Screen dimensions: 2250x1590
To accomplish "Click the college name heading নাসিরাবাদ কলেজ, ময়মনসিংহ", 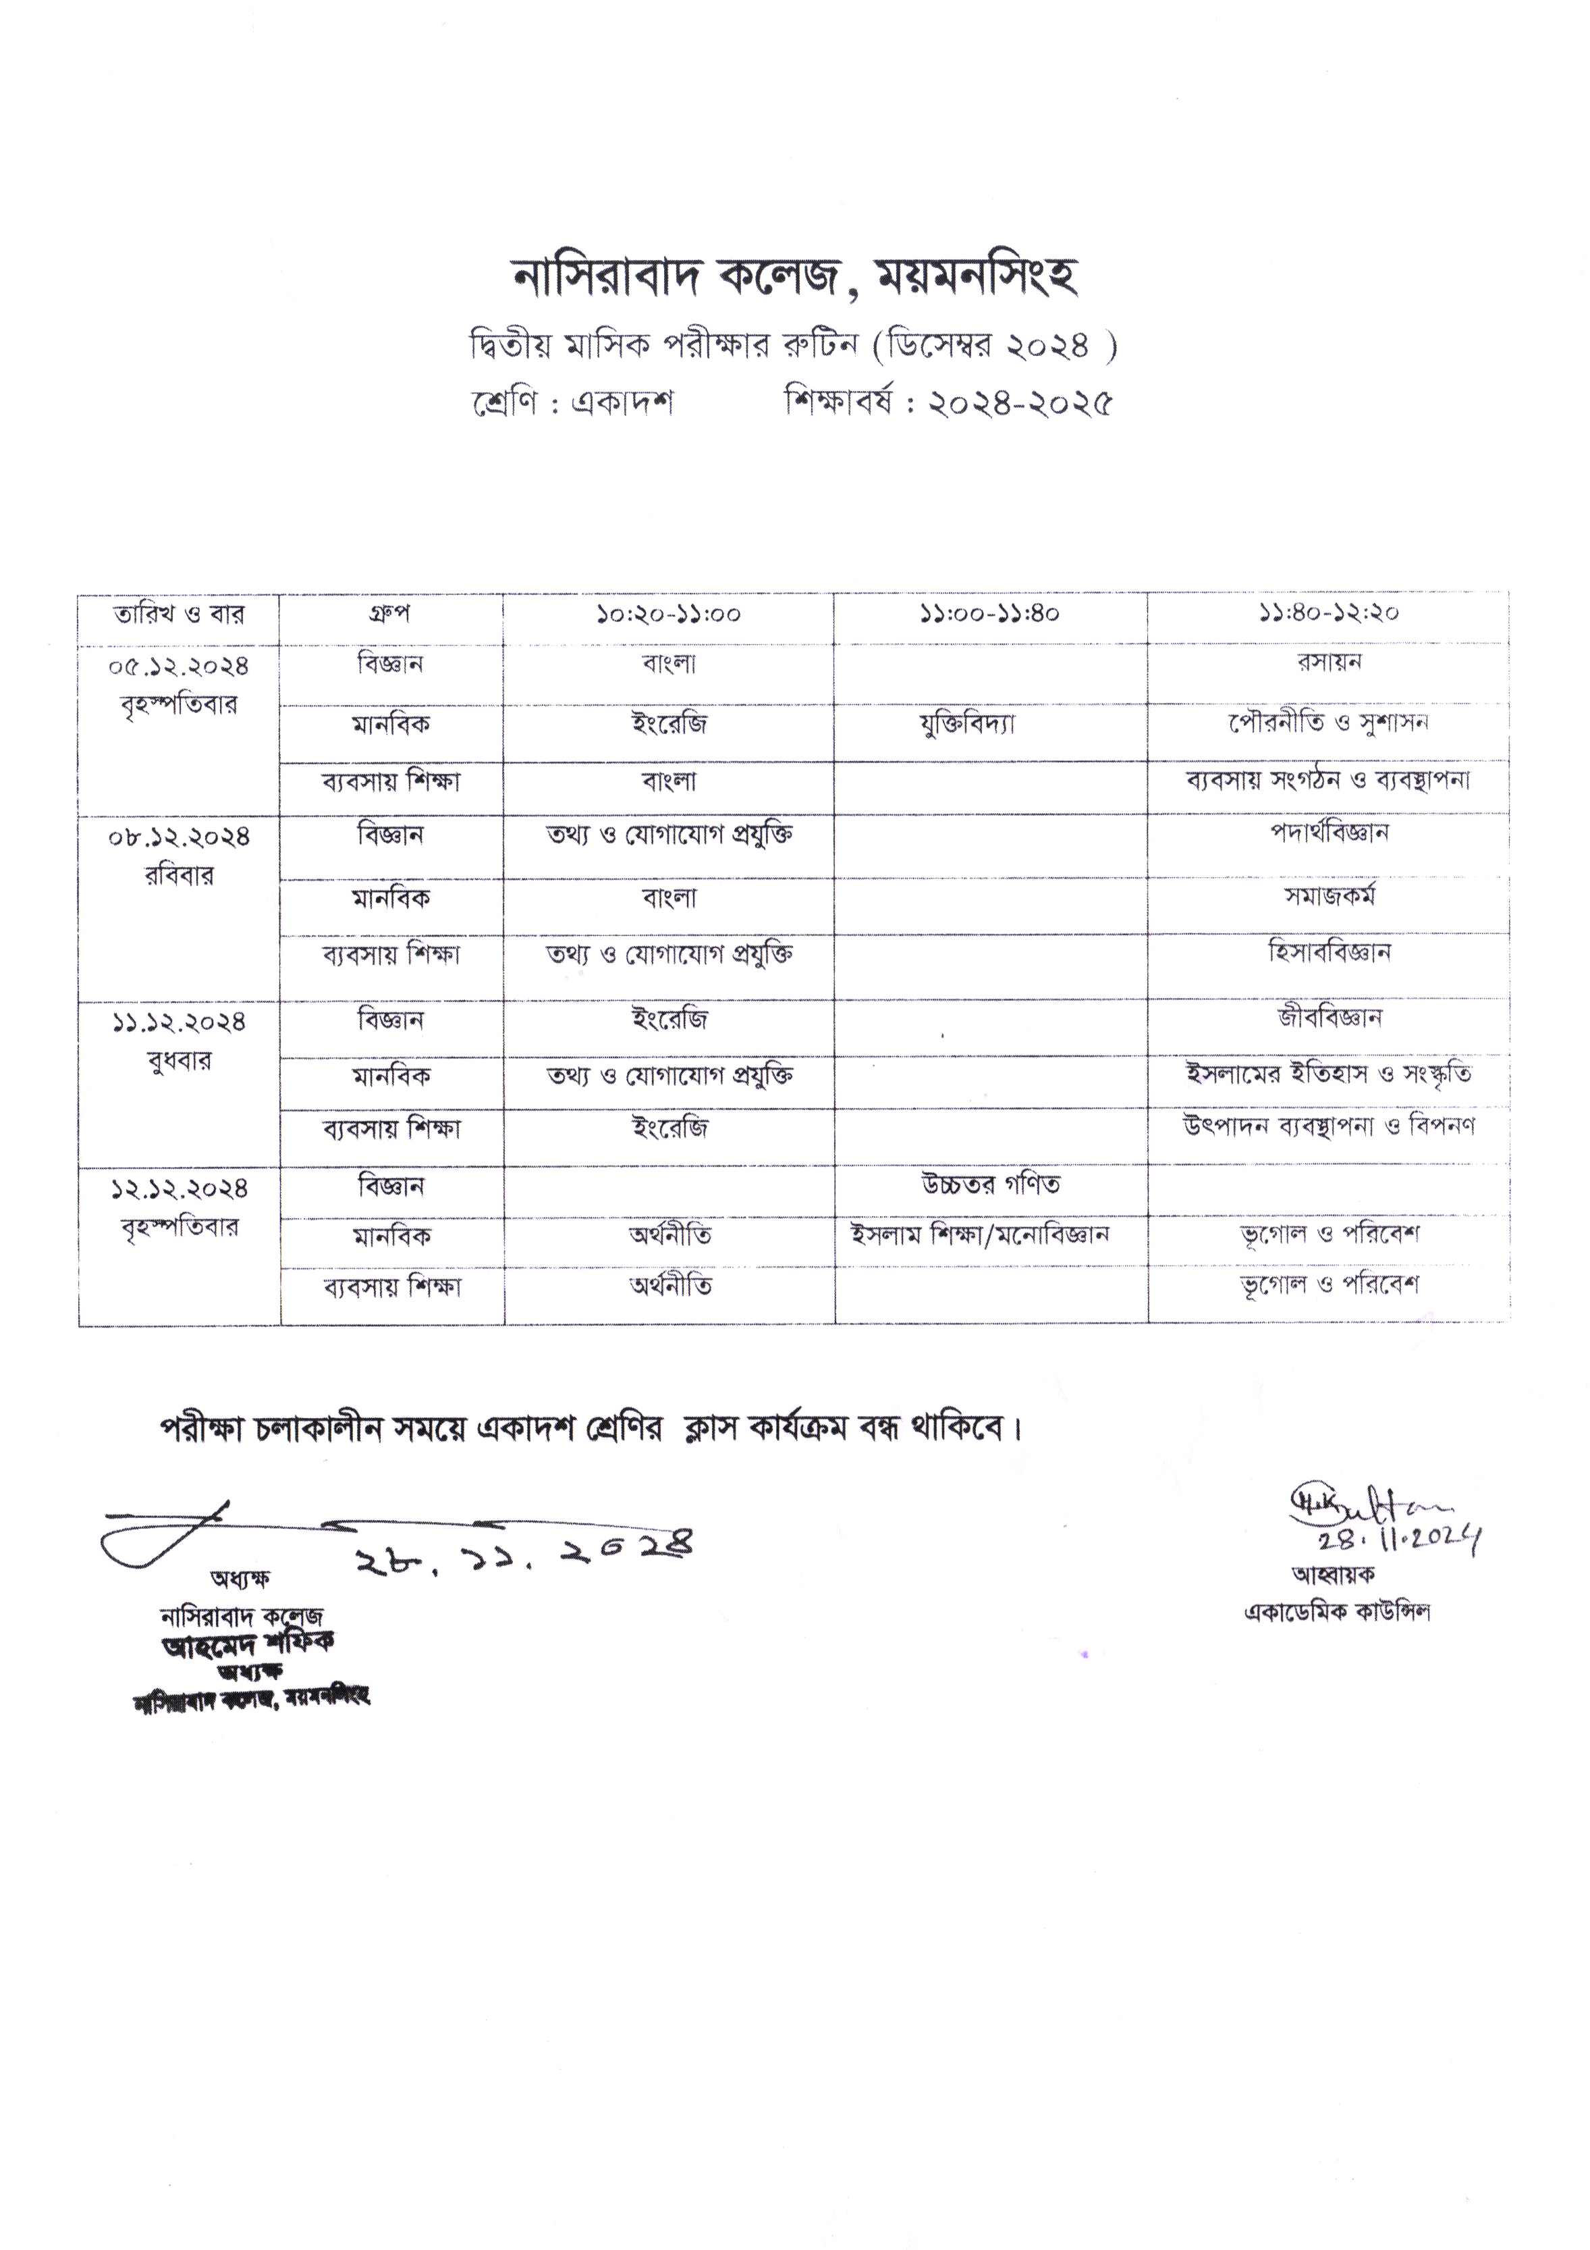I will point(794,278).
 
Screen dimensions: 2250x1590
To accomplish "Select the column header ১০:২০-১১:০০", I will point(668,615).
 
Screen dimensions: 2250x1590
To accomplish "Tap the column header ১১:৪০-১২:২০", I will point(1328,614).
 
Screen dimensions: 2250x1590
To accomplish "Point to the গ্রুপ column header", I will point(390,614).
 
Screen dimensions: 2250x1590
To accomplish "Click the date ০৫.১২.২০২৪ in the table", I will point(178,666).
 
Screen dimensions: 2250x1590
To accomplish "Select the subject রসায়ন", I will point(1328,662).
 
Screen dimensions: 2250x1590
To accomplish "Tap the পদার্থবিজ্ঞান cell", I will point(1329,833).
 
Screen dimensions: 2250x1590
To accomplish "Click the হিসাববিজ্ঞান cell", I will point(1329,951).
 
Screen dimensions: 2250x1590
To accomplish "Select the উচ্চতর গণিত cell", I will point(991,1185).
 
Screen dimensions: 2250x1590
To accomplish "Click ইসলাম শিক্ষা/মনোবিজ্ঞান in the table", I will point(980,1234).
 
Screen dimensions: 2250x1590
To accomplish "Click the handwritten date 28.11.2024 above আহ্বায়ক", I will point(1398,1542).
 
